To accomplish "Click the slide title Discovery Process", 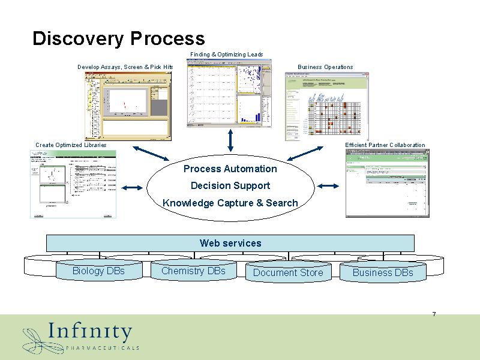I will (118, 39).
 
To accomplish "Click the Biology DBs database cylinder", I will (98, 271).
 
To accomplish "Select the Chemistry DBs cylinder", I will (193, 271).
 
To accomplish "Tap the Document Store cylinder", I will (288, 273).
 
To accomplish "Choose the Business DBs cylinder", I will (383, 273).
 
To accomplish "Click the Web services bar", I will (230, 243).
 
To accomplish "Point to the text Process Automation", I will (230, 169).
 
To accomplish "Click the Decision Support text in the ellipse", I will (230, 186).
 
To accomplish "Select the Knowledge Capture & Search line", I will (230, 203).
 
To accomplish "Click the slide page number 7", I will (434, 315).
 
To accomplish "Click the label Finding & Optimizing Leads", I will (226, 55).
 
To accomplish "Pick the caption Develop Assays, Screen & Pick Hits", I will (125, 67).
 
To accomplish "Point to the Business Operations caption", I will (325, 67).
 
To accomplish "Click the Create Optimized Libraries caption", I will (71, 145).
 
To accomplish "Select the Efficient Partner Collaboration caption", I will (385, 145).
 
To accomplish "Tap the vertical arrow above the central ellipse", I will (230, 140).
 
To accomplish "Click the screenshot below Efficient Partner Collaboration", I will (388, 183).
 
